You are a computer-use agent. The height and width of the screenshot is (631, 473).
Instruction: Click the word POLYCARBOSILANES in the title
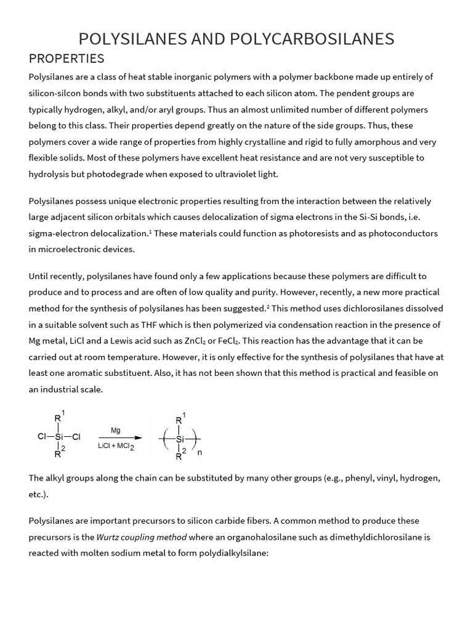pyautogui.click(x=312, y=39)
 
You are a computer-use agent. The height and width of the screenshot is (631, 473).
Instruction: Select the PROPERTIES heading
pyautogui.click(x=67, y=59)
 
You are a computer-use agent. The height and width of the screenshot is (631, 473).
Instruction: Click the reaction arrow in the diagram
pyautogui.click(x=116, y=438)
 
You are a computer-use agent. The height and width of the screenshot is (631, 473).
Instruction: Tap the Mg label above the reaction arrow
pyautogui.click(x=116, y=429)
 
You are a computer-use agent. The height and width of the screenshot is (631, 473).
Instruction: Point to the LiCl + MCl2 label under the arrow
pyautogui.click(x=116, y=447)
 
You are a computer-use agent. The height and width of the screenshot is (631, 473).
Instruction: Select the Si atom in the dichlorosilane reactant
pyautogui.click(x=59, y=438)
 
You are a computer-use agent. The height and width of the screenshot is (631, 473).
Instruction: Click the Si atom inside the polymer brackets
pyautogui.click(x=180, y=439)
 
